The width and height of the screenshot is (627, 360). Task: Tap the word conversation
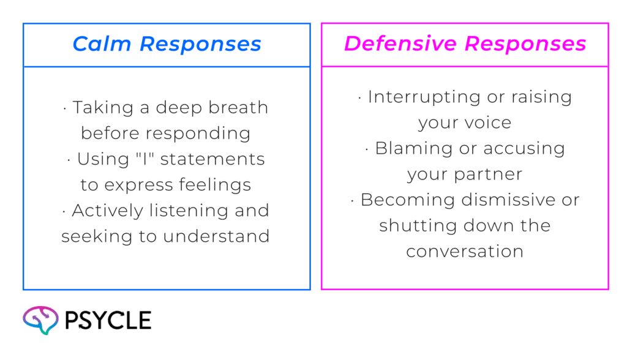click(465, 251)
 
